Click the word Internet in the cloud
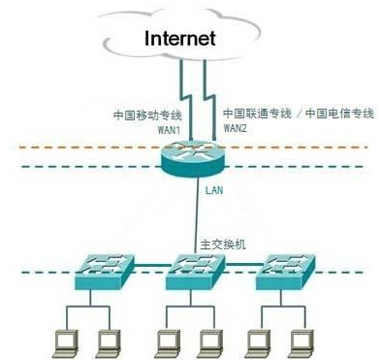point(192,40)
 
